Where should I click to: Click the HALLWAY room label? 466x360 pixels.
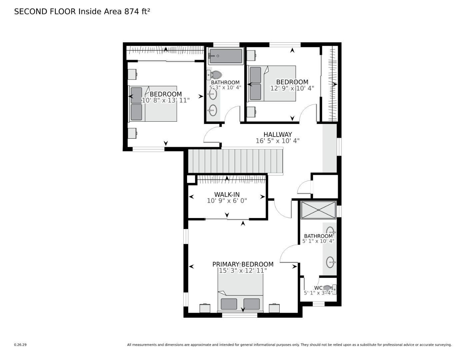(277, 134)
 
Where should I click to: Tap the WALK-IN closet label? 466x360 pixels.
(227, 195)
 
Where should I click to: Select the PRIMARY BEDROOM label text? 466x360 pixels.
(243, 264)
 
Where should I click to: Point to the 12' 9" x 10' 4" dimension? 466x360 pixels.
(292, 88)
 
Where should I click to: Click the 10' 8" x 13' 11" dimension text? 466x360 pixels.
(166, 100)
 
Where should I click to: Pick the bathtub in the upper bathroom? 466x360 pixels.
(225, 56)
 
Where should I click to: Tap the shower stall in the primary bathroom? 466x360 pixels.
(318, 210)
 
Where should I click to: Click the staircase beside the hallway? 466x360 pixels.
(235, 161)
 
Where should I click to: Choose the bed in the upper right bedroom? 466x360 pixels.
(272, 83)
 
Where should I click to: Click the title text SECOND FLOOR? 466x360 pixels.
(45, 12)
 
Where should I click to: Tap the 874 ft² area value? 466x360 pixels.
(137, 12)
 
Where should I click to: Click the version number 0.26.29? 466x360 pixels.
(20, 345)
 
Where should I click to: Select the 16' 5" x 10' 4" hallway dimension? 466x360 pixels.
(277, 141)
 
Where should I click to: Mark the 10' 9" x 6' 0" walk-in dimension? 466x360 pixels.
(227, 201)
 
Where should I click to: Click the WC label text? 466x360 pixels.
(318, 288)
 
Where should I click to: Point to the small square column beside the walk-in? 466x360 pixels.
(191, 179)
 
